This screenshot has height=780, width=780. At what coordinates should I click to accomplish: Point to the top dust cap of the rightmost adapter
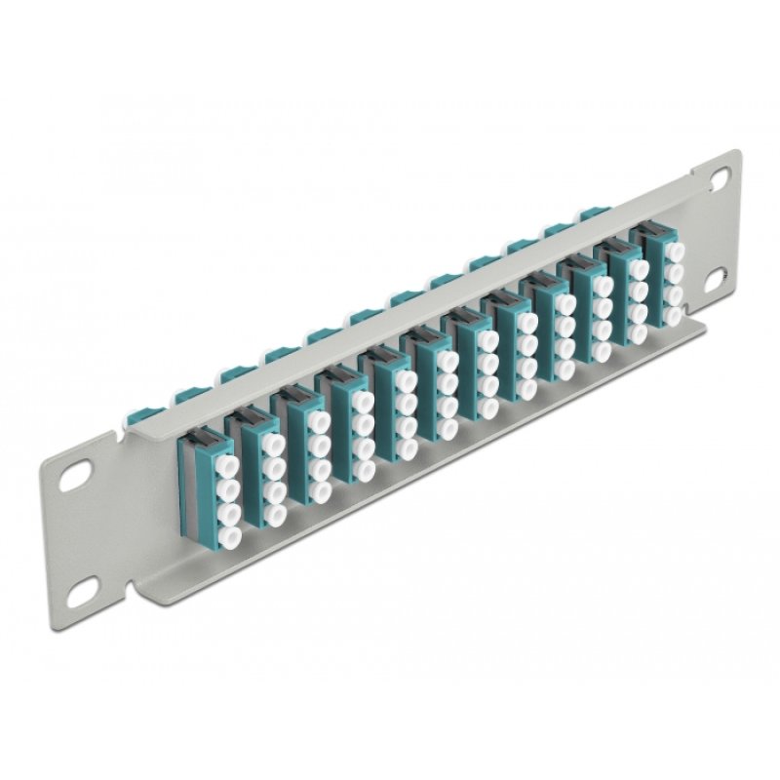(674, 252)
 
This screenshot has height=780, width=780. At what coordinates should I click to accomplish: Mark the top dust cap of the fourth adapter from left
(362, 401)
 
